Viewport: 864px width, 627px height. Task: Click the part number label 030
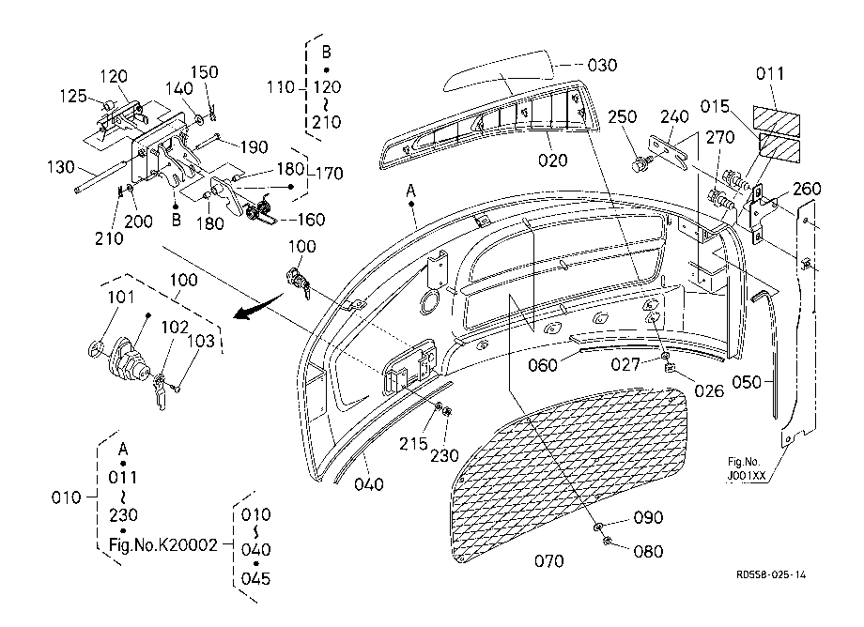pyautogui.click(x=602, y=65)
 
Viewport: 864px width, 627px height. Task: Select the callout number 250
pyautogui.click(x=622, y=116)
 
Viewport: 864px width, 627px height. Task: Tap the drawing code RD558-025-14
pyautogui.click(x=771, y=574)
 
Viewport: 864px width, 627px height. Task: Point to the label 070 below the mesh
pyautogui.click(x=548, y=561)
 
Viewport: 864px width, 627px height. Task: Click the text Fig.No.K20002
pyautogui.click(x=163, y=545)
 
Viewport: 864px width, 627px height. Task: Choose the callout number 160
pyautogui.click(x=311, y=220)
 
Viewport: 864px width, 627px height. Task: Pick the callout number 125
pyautogui.click(x=73, y=96)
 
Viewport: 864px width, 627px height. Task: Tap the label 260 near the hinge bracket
pyautogui.click(x=807, y=189)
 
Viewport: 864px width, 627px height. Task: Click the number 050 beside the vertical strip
pyautogui.click(x=747, y=382)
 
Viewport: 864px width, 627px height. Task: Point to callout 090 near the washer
pyautogui.click(x=648, y=517)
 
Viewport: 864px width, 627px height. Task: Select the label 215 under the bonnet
pyautogui.click(x=413, y=444)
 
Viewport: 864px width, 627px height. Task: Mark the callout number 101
pyautogui.click(x=120, y=298)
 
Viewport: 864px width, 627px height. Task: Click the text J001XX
pyautogui.click(x=747, y=476)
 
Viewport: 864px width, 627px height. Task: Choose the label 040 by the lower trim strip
pyautogui.click(x=369, y=484)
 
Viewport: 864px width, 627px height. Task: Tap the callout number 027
pyautogui.click(x=625, y=364)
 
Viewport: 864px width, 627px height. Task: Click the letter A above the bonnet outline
pyautogui.click(x=410, y=191)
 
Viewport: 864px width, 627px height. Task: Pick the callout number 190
pyautogui.click(x=254, y=147)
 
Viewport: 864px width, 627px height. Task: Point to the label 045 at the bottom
pyautogui.click(x=255, y=578)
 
